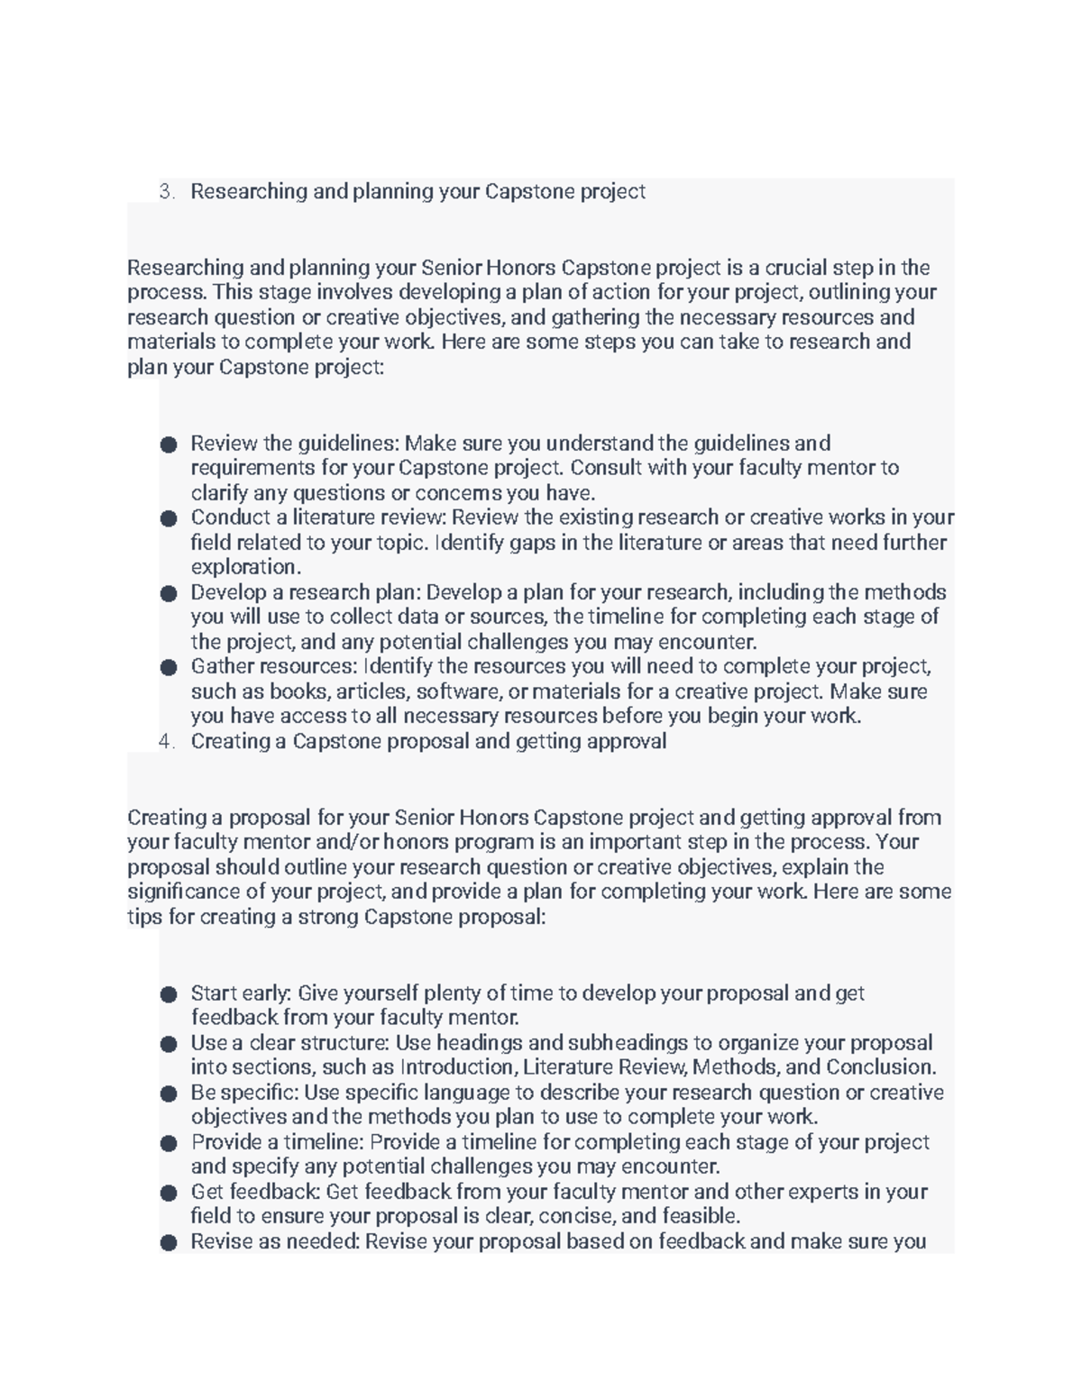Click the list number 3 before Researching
click(165, 191)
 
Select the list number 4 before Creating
click(165, 741)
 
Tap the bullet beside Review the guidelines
click(169, 444)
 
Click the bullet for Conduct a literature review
click(169, 518)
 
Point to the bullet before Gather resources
click(169, 667)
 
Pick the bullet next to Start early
click(169, 994)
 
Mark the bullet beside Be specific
click(169, 1093)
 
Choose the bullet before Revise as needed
click(169, 1242)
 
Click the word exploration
click(244, 567)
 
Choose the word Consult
click(604, 468)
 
